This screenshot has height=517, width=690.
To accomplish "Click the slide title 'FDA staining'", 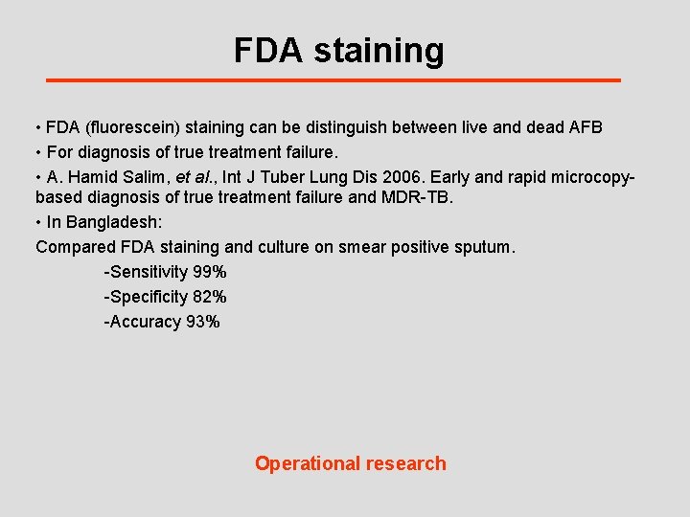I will (x=339, y=50).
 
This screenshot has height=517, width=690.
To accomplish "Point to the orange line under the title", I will (x=334, y=79).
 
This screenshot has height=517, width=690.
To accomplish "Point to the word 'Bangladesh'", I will (x=111, y=222).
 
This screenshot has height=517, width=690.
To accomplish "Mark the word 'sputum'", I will (x=486, y=247).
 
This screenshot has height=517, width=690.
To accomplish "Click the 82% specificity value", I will (x=209, y=297).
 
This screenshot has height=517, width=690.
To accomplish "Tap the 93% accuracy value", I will (x=202, y=322).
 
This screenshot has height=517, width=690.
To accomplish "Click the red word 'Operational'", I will (x=304, y=463).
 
